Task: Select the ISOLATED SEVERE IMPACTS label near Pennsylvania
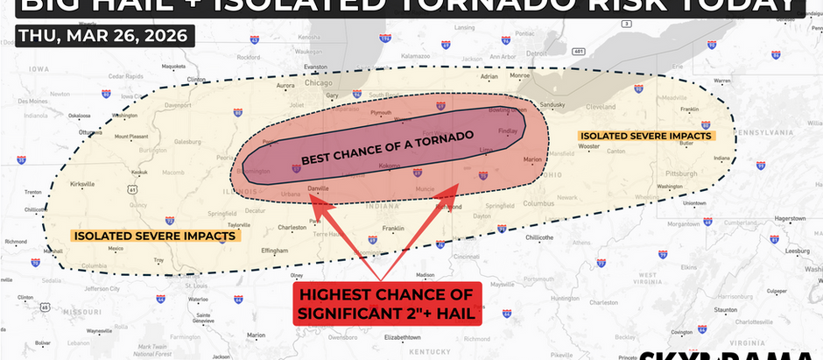pos(646,136)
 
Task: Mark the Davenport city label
pos(179,105)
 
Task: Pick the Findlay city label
pos(509,131)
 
